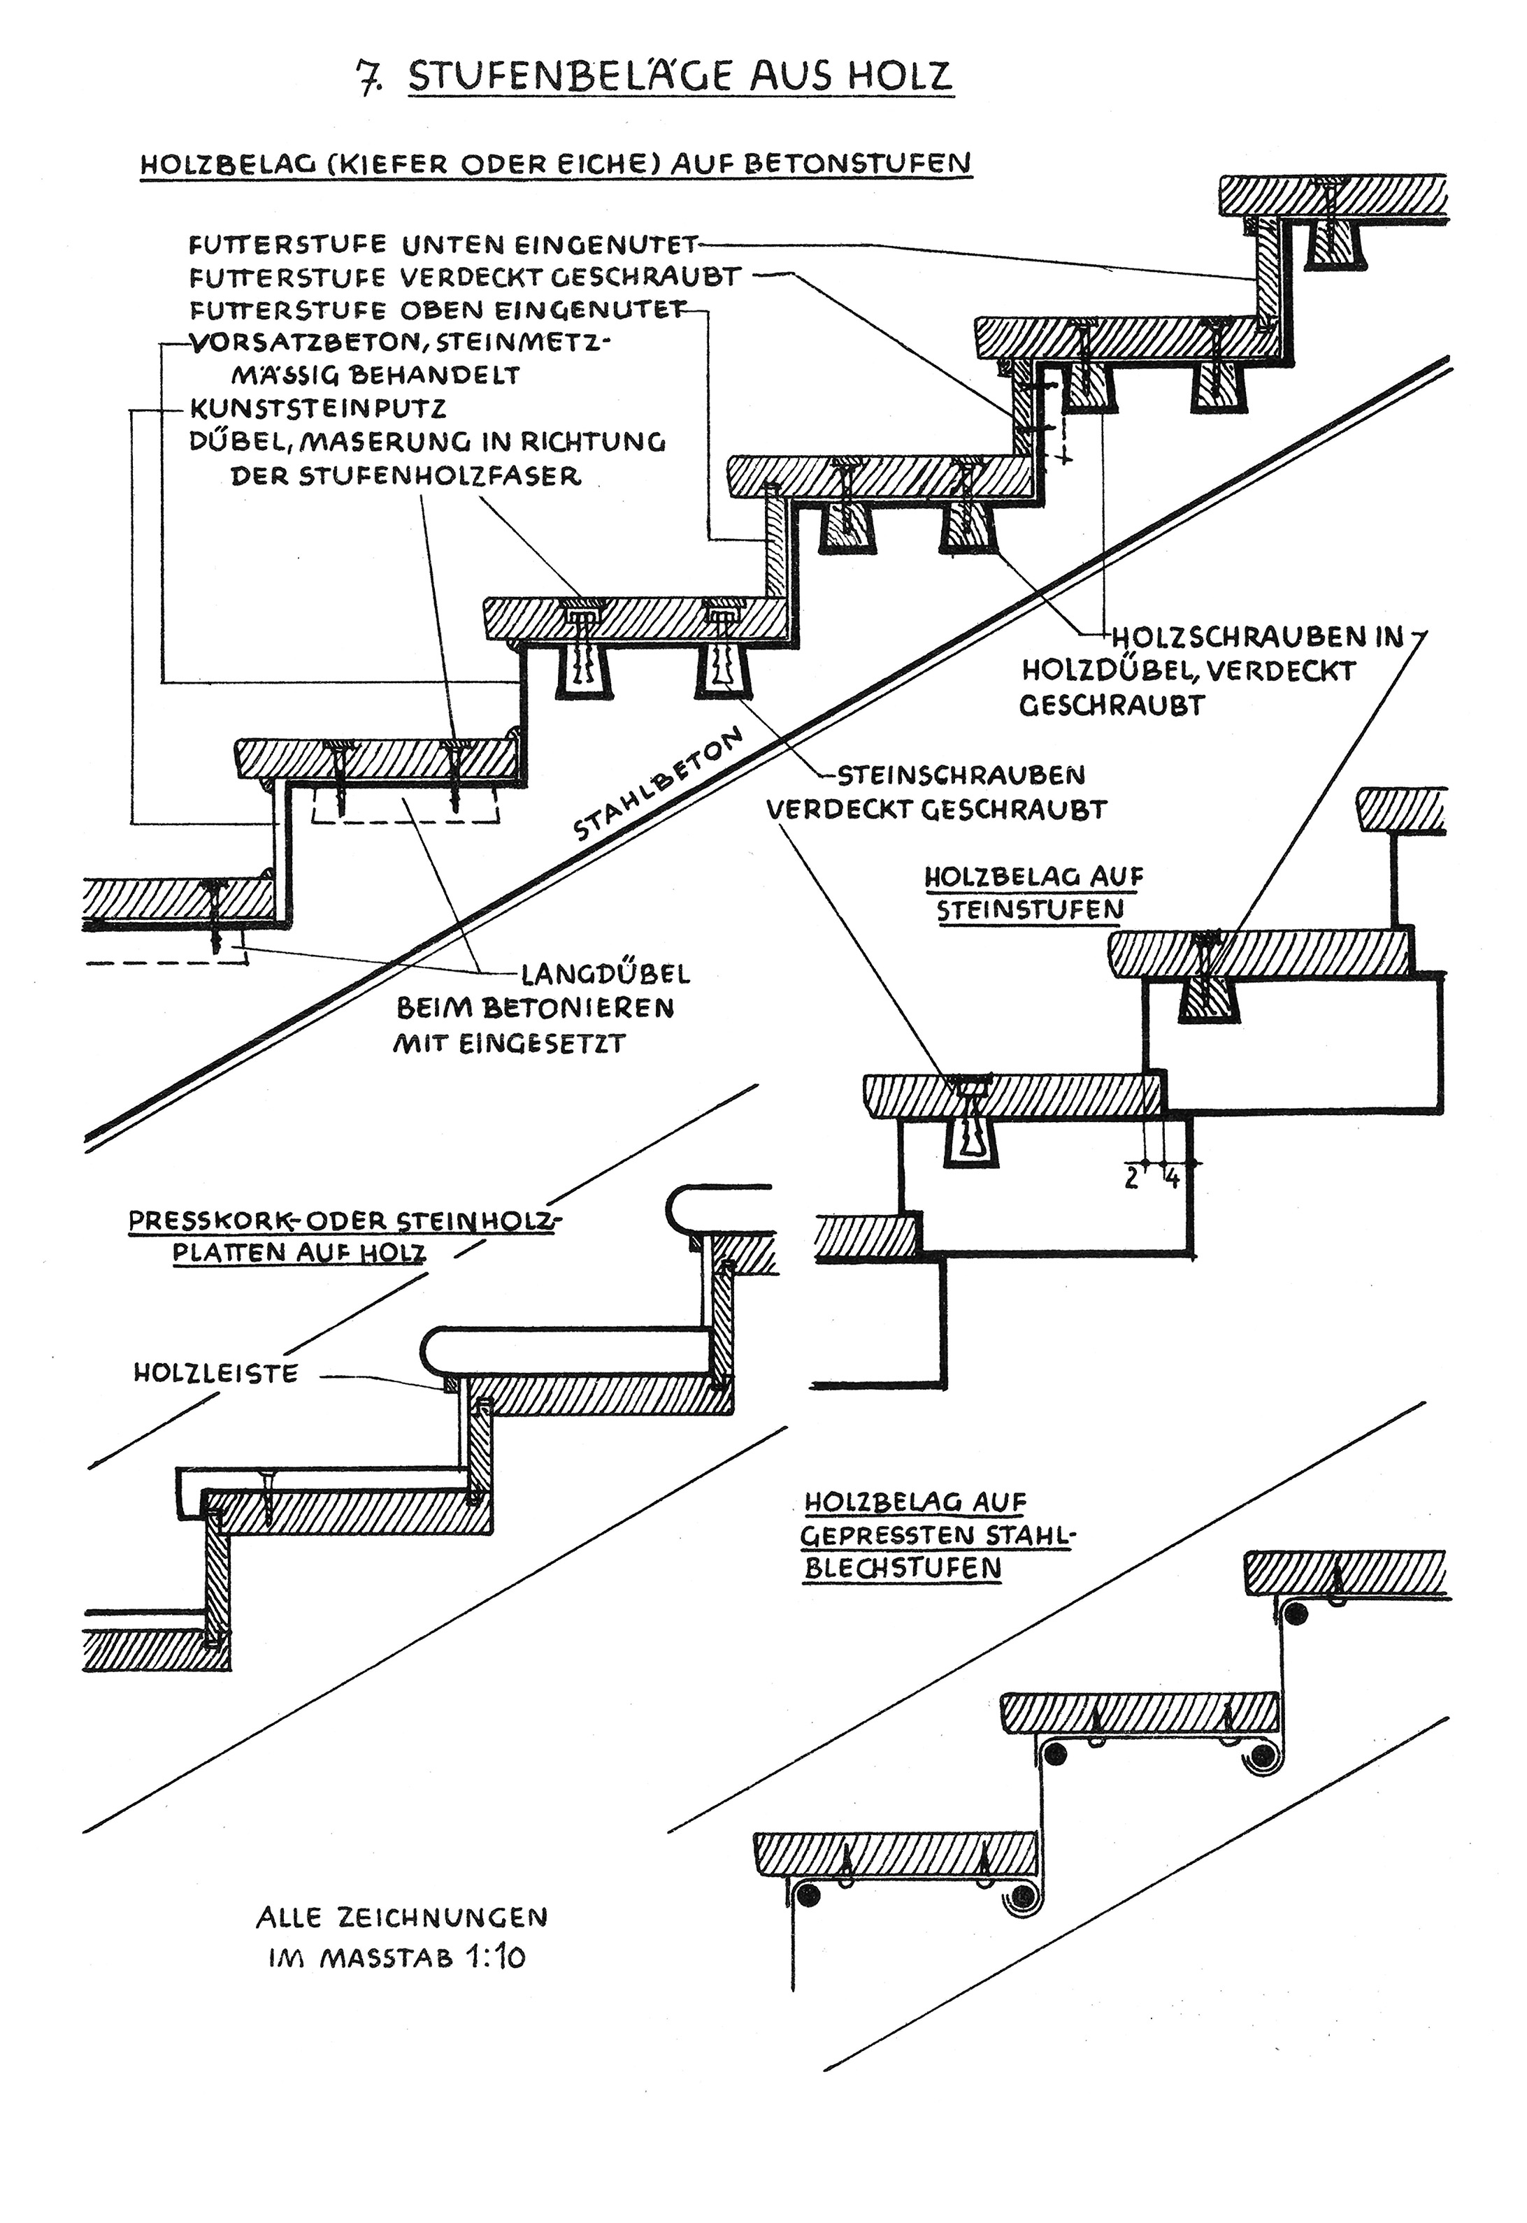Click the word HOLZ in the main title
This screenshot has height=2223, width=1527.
pos(899,76)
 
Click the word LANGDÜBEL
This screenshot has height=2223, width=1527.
pos(605,974)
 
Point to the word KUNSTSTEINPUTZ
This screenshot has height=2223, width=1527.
pos(317,408)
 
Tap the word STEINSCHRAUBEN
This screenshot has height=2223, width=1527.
pos(961,774)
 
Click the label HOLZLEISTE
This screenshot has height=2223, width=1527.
pos(216,1374)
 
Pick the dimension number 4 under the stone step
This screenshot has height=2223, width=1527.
pos(1170,1177)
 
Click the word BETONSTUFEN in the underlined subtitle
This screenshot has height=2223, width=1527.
pos(857,164)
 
